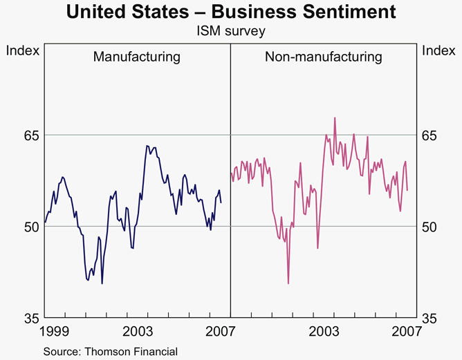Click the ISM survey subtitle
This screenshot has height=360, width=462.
point(231,31)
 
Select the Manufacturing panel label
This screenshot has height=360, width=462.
point(137,57)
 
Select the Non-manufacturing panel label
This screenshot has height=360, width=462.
point(324,57)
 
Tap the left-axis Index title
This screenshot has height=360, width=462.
point(22,50)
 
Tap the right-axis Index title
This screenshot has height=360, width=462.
point(438,50)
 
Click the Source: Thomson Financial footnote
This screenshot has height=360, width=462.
point(111,352)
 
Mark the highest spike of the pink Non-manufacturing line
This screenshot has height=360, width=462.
point(335,117)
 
